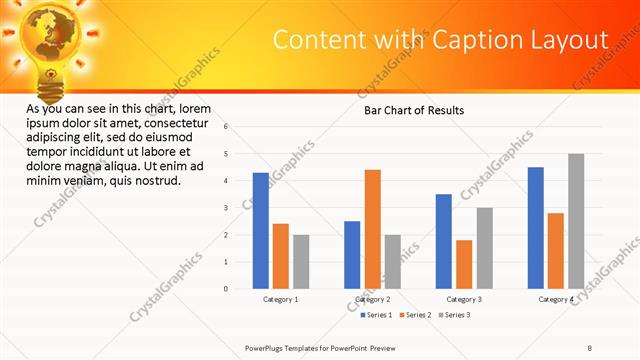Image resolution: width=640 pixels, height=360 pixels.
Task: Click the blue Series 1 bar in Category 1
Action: point(261,231)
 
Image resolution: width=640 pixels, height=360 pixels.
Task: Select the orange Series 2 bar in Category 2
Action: point(372,229)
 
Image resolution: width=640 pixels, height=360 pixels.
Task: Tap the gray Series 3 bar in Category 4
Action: point(576,221)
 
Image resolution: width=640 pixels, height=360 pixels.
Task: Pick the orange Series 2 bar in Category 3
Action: point(464,264)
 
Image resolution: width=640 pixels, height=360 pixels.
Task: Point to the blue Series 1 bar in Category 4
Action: point(536,228)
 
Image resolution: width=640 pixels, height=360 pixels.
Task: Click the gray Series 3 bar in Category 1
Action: point(301,262)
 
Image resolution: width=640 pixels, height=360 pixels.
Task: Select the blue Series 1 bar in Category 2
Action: point(352,255)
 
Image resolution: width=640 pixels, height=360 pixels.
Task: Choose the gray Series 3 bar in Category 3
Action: point(484,248)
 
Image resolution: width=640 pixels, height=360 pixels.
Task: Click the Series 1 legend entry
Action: point(377,315)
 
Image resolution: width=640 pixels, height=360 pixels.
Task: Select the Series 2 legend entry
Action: point(415,315)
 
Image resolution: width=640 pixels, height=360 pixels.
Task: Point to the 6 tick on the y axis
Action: point(227,127)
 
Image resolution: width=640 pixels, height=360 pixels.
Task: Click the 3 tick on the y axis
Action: point(227,208)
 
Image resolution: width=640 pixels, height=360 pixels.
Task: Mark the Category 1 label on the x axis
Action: point(281,299)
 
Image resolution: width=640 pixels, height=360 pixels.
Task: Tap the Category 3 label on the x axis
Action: point(464,299)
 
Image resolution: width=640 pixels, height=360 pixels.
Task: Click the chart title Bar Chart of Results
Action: point(413,110)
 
